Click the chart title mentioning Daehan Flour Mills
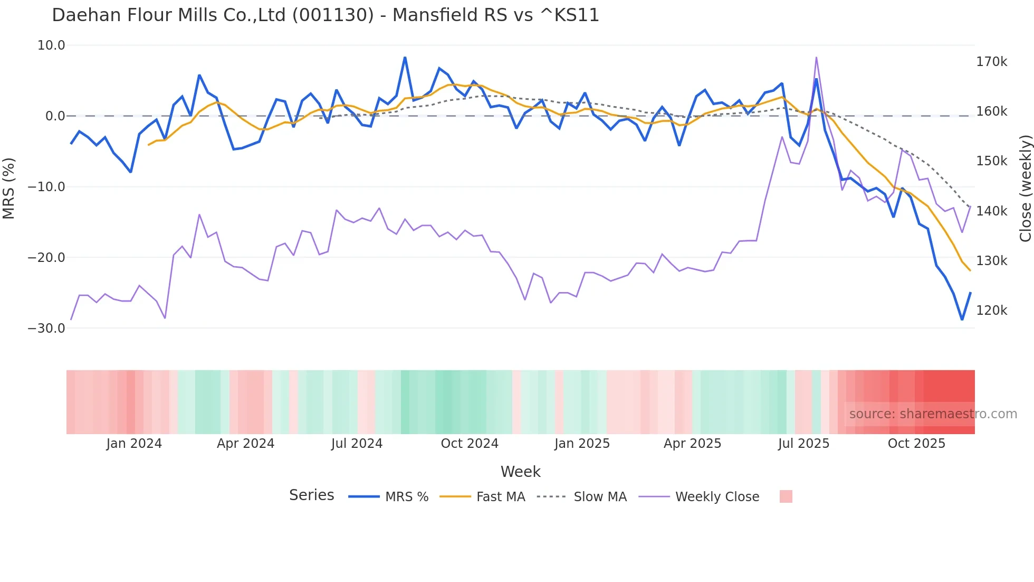[325, 15]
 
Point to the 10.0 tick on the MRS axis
[51, 45]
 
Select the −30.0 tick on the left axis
[46, 328]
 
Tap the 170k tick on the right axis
[991, 62]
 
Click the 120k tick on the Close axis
[991, 311]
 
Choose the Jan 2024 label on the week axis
[134, 444]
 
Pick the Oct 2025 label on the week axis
[916, 444]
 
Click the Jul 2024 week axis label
[357, 444]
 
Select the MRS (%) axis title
[8, 188]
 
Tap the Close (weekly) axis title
[1025, 188]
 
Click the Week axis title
[520, 472]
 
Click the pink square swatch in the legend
[786, 496]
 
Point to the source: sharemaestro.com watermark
[933, 414]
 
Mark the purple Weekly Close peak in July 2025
[816, 58]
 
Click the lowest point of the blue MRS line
[962, 320]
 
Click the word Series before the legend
[311, 495]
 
